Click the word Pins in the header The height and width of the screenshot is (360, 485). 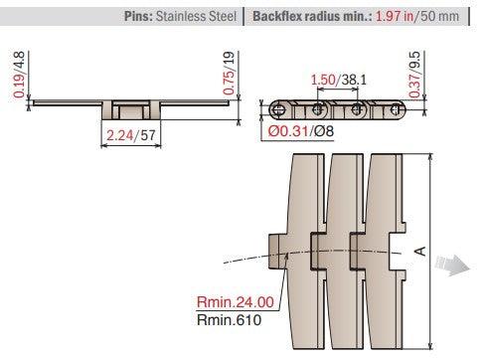pos(140,17)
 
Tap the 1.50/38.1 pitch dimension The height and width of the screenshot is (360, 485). pos(332,79)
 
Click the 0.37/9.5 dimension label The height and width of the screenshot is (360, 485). pos(425,78)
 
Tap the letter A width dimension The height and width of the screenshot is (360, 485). pos(419,252)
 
